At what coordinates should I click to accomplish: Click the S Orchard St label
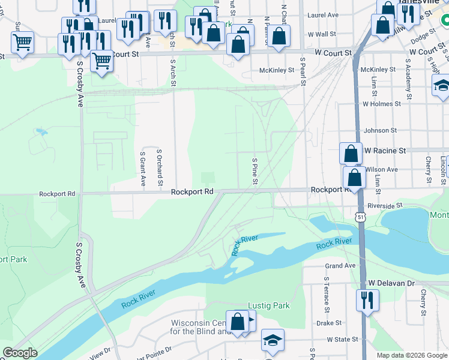point(160,164)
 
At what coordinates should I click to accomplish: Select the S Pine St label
point(255,172)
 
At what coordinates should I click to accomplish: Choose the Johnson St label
point(381,130)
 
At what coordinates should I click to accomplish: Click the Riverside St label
point(385,206)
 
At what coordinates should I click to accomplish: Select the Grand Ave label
point(340,266)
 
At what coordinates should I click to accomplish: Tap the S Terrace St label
point(327,296)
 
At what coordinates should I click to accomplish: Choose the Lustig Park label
point(270,305)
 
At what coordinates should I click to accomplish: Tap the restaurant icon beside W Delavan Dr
point(367,299)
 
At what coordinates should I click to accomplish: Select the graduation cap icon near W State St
point(273,340)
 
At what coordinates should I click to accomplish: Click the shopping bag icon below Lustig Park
point(238,322)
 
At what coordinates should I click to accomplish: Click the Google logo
point(20,353)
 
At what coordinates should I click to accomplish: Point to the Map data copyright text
point(411,355)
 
